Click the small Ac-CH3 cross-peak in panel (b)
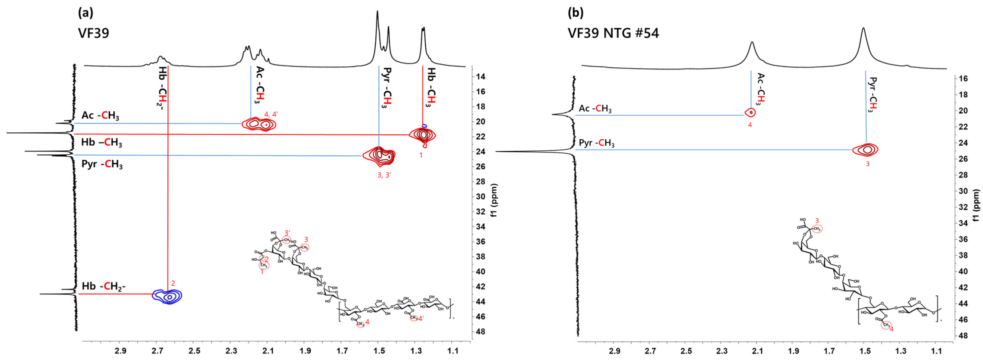click(x=751, y=112)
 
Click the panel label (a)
click(x=85, y=13)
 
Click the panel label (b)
click(x=576, y=13)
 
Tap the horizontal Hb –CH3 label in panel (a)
click(x=101, y=143)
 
